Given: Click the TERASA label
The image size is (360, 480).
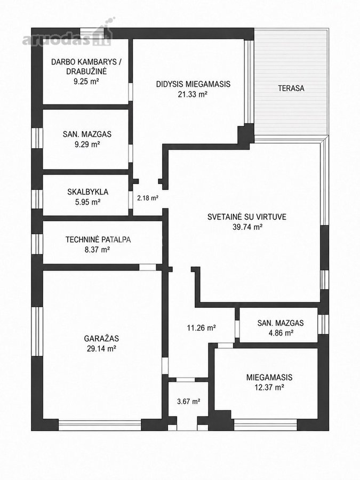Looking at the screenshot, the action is click(x=291, y=88).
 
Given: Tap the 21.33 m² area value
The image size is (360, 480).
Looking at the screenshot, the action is click(x=193, y=94).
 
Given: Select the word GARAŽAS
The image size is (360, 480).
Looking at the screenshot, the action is click(x=101, y=339).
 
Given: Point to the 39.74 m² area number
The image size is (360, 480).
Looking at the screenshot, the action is click(x=247, y=227).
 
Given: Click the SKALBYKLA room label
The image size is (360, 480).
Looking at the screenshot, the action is click(x=88, y=192).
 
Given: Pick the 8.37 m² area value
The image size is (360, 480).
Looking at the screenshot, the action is click(x=98, y=250).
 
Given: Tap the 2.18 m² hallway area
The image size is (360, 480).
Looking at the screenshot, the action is click(x=148, y=198).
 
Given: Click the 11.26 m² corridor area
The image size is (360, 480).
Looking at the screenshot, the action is click(x=202, y=328).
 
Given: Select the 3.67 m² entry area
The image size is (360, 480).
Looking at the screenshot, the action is click(x=189, y=401).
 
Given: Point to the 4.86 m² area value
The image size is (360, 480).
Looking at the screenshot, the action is click(x=281, y=333).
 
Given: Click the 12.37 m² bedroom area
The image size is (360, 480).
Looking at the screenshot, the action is click(x=269, y=387).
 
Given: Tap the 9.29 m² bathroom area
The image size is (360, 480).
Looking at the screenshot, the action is click(x=87, y=144).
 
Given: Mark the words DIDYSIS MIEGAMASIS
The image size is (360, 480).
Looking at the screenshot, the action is click(x=193, y=84).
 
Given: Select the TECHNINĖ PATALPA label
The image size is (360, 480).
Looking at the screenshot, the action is click(x=98, y=239).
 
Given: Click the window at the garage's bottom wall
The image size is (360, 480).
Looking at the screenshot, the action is click(x=100, y=425).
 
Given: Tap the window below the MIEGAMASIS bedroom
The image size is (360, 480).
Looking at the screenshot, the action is click(x=266, y=425).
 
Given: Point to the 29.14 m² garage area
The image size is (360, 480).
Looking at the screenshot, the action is click(x=101, y=348).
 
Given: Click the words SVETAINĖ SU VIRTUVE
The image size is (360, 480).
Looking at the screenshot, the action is click(x=247, y=217).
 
